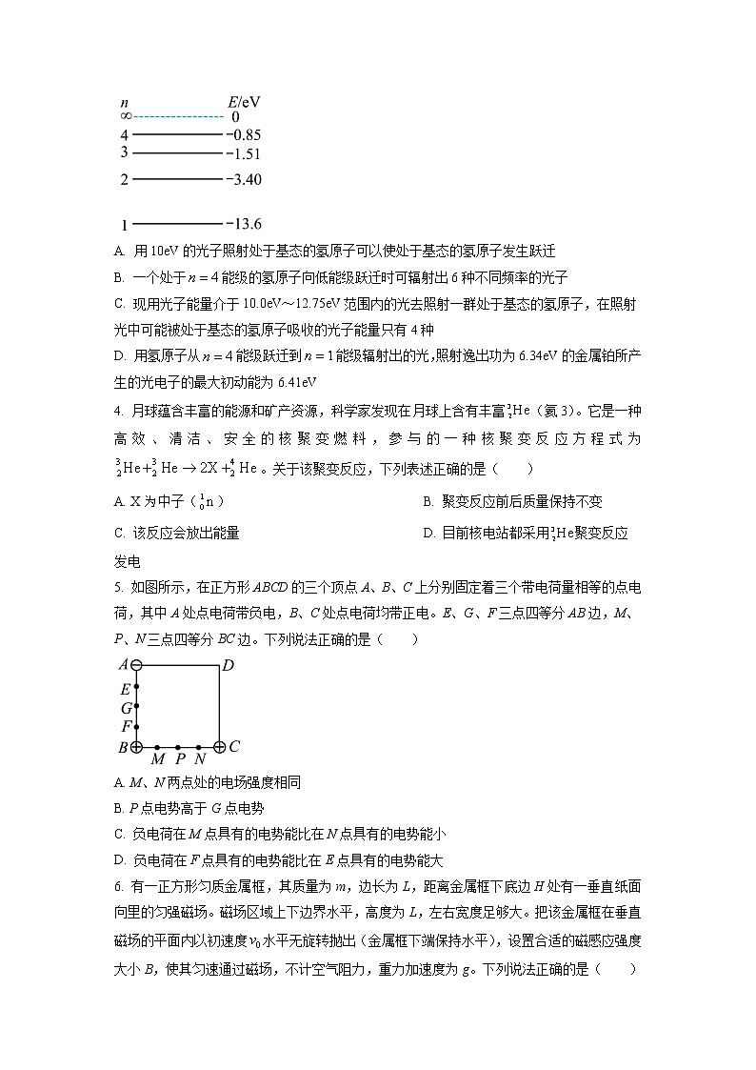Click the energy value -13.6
click(x=244, y=224)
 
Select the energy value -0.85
click(x=243, y=135)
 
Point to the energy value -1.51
click(x=243, y=153)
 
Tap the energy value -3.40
click(x=244, y=179)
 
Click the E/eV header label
click(x=244, y=101)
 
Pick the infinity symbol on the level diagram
click(x=126, y=116)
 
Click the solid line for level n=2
click(x=177, y=178)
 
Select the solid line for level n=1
click(x=177, y=224)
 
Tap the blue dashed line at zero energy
click(x=179, y=116)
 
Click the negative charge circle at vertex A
click(x=136, y=665)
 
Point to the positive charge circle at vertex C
click(x=220, y=748)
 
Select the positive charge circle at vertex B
click(x=136, y=748)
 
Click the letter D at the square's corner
click(x=229, y=665)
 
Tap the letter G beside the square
click(x=125, y=708)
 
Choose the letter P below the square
click(x=179, y=760)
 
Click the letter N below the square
click(x=199, y=760)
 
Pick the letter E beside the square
click(x=125, y=689)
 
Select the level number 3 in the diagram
click(x=125, y=152)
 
